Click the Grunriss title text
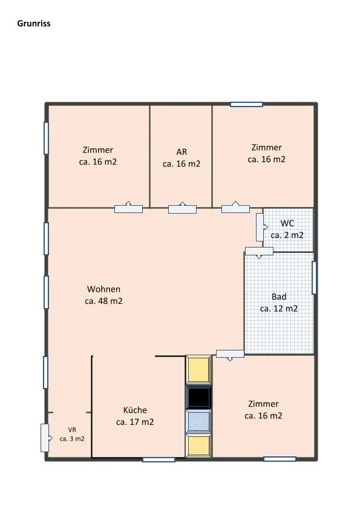tap(34, 24)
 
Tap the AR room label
tap(182, 152)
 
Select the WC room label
tap(287, 223)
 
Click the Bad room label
tap(279, 297)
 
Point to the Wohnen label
tap(103, 289)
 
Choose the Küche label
tap(135, 410)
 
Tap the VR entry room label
tap(72, 430)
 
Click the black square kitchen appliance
tap(198, 397)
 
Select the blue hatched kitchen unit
tap(198, 421)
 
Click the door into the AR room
tap(183, 208)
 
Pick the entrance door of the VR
tap(45, 438)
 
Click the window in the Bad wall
tap(314, 278)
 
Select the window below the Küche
tap(159, 459)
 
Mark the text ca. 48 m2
tap(103, 301)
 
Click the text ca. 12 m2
tap(279, 309)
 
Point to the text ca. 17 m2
tap(135, 422)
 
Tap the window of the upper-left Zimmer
tap(46, 138)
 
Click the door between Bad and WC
tap(259, 252)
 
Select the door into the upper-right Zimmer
tap(236, 208)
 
